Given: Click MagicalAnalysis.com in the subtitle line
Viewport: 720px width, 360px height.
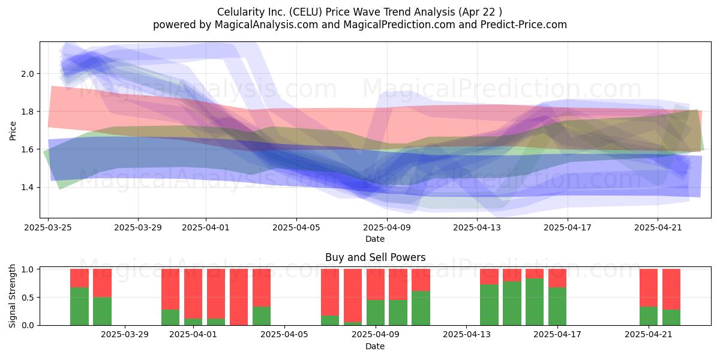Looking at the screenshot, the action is [x=266, y=25].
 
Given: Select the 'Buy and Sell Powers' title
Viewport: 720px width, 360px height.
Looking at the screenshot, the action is [x=375, y=257].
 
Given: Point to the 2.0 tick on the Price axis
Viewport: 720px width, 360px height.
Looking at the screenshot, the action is [x=28, y=74].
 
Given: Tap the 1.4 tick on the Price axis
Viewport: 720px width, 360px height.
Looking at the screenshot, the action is [x=28, y=187].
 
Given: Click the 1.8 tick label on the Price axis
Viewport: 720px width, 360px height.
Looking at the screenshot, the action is [x=28, y=112].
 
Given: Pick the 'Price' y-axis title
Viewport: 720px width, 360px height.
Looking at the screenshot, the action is [x=13, y=131].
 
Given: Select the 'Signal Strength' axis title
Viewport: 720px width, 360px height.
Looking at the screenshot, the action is [x=12, y=296].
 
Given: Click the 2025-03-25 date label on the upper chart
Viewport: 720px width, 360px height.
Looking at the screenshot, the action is [x=48, y=227].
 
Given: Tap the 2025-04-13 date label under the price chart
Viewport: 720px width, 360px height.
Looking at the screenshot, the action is [x=477, y=227].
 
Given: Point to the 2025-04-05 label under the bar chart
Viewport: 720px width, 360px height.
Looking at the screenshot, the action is [x=284, y=334].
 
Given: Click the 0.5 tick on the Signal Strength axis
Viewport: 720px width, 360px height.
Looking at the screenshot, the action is [x=28, y=298].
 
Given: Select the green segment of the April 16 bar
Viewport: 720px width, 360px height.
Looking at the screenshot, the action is [x=535, y=302].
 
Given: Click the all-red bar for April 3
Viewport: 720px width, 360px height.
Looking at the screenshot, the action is [x=239, y=297].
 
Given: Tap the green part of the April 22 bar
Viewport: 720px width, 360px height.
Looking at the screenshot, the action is [x=671, y=317].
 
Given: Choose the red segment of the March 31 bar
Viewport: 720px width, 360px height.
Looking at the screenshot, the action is [x=170, y=289].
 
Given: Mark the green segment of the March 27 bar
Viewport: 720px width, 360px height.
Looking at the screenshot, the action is [x=79, y=307].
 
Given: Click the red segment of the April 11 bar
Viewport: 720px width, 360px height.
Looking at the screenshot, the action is [x=421, y=280].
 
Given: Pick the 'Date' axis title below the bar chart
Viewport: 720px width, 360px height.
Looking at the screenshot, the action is [x=375, y=346].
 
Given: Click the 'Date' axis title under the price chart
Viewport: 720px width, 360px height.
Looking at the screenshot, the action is [x=375, y=239].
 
